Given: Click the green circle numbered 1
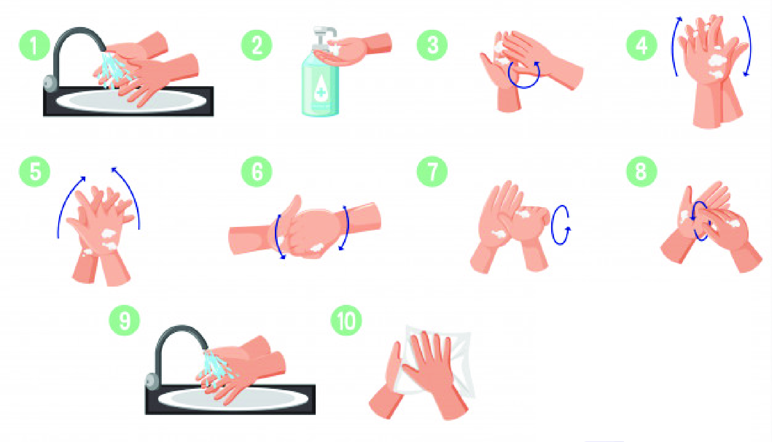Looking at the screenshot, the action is [34, 45].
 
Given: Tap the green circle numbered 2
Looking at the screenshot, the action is [257, 45].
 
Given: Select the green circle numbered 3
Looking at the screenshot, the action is [432, 45].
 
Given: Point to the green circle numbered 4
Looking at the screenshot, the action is [641, 45].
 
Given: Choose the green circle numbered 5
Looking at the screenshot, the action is [34, 171].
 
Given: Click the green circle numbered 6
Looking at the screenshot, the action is [257, 171].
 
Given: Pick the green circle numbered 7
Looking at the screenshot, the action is [432, 171].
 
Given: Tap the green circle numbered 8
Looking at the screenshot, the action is [641, 171].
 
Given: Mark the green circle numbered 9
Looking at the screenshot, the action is [124, 320].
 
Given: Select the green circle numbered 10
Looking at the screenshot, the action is [346, 320].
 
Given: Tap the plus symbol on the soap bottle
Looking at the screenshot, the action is [321, 92].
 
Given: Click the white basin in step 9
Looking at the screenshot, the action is [228, 400].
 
